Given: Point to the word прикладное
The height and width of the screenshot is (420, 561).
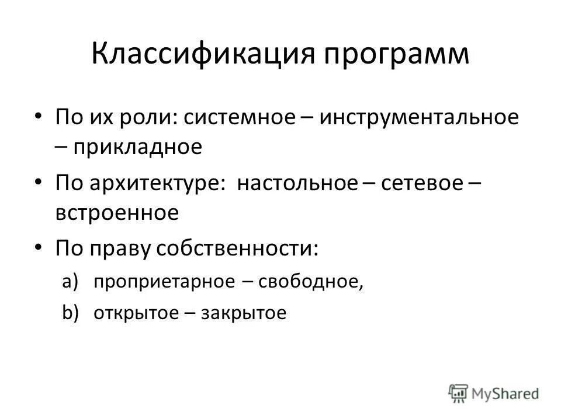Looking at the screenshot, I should pos(137,147).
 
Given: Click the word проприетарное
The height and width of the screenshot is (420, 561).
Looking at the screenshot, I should pos(164,282).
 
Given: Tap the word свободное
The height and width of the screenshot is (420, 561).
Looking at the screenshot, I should pos(311,282).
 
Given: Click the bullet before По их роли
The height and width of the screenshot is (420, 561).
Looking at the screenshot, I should pos(39,117).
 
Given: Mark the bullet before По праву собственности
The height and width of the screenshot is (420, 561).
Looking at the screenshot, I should pos(39,248).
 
